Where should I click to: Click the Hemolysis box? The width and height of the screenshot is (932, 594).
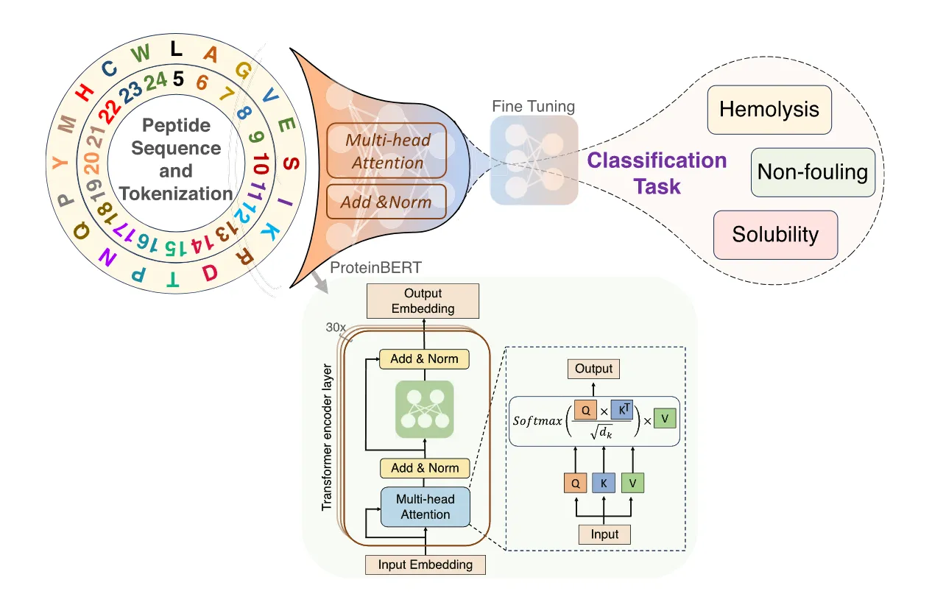769,110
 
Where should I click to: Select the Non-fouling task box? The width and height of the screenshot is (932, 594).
813,172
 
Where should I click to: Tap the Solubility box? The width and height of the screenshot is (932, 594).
775,235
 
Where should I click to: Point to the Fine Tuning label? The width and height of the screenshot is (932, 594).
534,106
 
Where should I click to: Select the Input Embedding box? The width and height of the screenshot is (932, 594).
425,565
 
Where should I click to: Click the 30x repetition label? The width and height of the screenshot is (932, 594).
336,326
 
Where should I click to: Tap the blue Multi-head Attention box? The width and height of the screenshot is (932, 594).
425,506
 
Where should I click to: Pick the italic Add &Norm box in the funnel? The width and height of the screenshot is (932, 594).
386,202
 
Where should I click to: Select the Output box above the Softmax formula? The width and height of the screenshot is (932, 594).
593,368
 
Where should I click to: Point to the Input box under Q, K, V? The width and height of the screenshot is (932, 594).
604,534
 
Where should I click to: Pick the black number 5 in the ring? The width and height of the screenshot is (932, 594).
177,77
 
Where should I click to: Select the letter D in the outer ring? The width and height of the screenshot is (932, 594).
210,273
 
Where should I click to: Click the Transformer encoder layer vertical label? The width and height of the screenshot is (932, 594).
328,437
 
